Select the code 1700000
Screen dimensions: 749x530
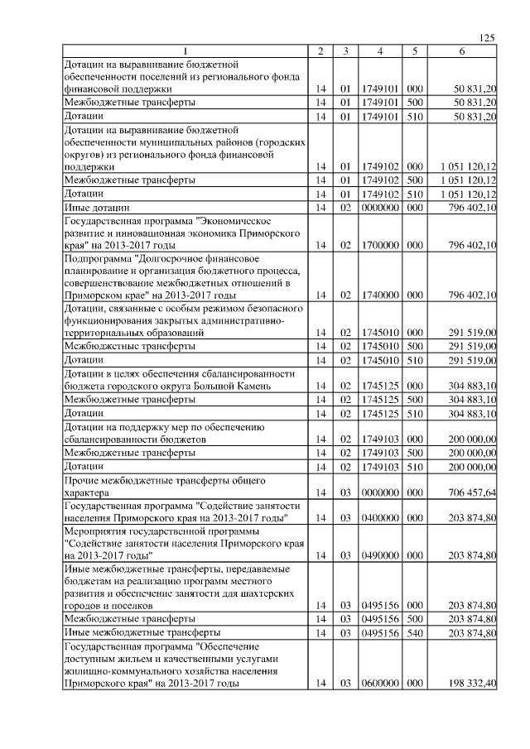point(379,246)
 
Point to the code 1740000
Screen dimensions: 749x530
point(379,295)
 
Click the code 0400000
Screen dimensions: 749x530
point(379,517)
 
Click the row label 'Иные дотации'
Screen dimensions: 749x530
point(94,206)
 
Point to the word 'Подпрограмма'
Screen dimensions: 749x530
point(98,258)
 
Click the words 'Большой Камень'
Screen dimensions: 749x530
point(255,387)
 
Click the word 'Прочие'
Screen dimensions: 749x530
point(79,479)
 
